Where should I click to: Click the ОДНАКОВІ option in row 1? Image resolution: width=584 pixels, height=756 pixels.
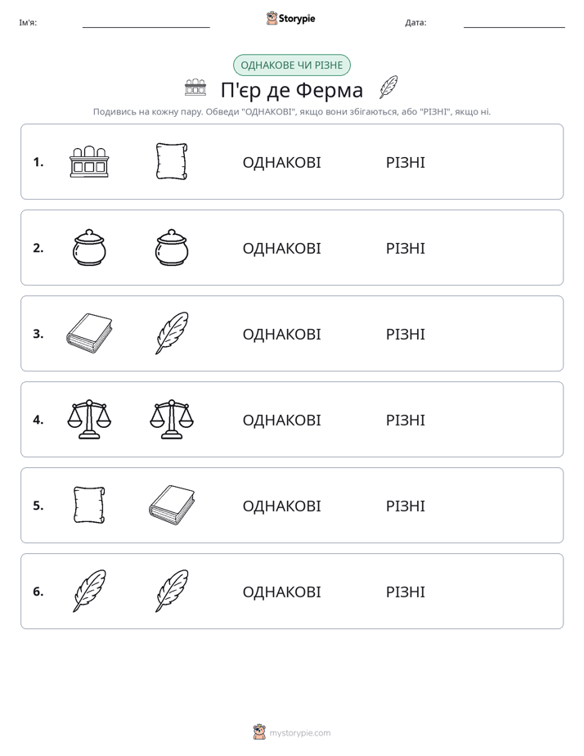[x=281, y=163]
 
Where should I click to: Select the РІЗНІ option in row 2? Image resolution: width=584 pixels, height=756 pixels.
[x=405, y=248]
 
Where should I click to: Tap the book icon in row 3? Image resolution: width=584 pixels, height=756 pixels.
[x=89, y=333]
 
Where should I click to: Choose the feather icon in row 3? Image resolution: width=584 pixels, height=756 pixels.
[x=172, y=333]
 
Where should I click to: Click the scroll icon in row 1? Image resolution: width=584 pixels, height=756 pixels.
[x=172, y=161]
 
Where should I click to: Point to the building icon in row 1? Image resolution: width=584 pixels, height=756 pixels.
[x=89, y=161]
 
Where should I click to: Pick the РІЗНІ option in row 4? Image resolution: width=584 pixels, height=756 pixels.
[x=405, y=420]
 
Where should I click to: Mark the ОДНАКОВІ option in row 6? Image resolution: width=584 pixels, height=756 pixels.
[x=281, y=592]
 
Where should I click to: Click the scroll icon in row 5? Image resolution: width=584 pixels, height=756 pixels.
[x=89, y=505]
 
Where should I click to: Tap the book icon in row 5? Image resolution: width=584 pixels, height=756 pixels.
[x=172, y=505]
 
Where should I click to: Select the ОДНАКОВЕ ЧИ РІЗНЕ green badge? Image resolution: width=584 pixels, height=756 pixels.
[x=291, y=65]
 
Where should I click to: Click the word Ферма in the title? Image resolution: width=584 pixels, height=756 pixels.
[x=329, y=90]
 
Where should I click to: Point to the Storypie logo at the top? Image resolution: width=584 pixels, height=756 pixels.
[x=290, y=18]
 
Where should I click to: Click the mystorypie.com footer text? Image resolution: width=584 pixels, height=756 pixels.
[x=299, y=733]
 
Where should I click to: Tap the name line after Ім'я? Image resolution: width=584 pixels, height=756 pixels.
[x=146, y=27]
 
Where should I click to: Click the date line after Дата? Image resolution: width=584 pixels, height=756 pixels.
[x=514, y=27]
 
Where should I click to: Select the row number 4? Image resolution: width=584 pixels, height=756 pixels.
[x=38, y=420]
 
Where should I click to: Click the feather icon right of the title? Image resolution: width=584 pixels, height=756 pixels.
[x=389, y=88]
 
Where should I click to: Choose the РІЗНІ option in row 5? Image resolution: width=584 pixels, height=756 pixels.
[x=405, y=506]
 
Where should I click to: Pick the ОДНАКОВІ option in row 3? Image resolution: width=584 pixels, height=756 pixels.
[x=281, y=334]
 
